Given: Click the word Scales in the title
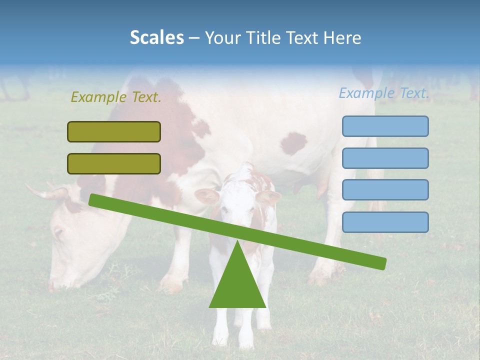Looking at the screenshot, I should (156, 37).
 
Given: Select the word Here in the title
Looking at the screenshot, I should (342, 37).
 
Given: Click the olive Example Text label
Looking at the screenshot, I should (116, 97).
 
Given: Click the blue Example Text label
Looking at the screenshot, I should (384, 93).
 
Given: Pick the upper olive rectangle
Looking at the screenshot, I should (114, 131).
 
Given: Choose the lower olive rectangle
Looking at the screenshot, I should (114, 163).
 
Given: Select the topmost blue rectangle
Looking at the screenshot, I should (385, 126).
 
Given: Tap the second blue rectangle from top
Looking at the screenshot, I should (385, 158).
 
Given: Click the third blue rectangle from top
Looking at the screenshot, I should (385, 190).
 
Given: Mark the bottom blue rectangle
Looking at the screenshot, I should (385, 222).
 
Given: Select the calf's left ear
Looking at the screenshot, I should (206, 195).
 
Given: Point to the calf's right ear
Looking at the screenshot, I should (268, 197).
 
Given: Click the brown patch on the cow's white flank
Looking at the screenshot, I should (293, 143).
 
